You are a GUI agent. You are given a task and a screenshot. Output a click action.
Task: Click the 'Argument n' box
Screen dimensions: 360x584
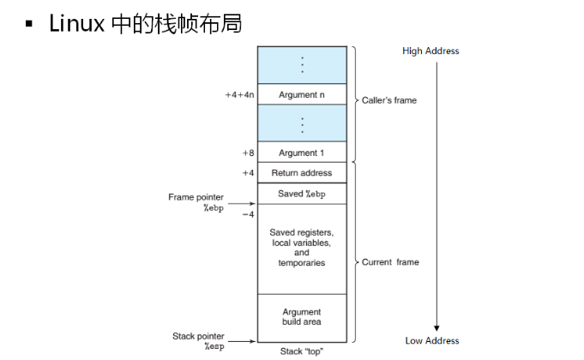click(302, 94)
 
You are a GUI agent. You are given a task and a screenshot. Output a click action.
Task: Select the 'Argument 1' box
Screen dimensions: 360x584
click(302, 153)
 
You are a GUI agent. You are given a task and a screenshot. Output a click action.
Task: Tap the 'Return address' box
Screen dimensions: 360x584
click(302, 173)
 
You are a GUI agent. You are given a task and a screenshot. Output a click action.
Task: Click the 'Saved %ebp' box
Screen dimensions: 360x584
click(302, 194)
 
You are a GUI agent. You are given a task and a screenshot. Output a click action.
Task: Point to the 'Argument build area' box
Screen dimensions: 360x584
click(302, 317)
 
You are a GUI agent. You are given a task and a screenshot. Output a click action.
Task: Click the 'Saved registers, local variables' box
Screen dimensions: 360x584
click(302, 248)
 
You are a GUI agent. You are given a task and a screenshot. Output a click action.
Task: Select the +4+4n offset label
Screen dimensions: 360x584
click(239, 94)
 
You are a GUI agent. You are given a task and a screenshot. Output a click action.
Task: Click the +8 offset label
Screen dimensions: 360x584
click(247, 153)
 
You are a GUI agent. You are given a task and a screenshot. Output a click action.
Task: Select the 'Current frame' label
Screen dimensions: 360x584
click(390, 262)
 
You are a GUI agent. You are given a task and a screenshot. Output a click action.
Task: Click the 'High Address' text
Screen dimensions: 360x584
click(430, 51)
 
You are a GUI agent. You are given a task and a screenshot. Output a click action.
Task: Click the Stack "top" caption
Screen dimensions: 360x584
click(302, 351)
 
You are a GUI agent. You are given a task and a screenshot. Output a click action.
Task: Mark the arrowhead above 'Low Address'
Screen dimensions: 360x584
click(436, 327)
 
